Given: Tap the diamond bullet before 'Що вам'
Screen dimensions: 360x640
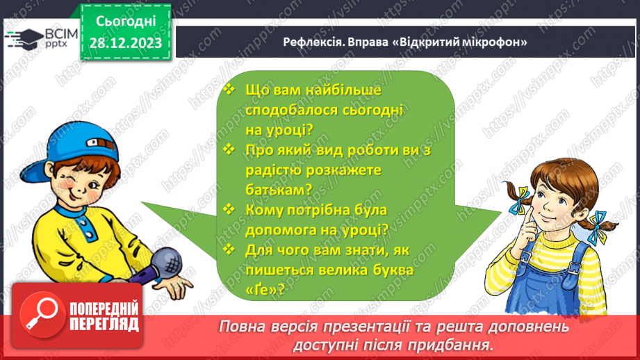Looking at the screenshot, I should (230, 89).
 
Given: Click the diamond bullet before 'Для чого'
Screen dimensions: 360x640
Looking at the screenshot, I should (230, 248).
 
